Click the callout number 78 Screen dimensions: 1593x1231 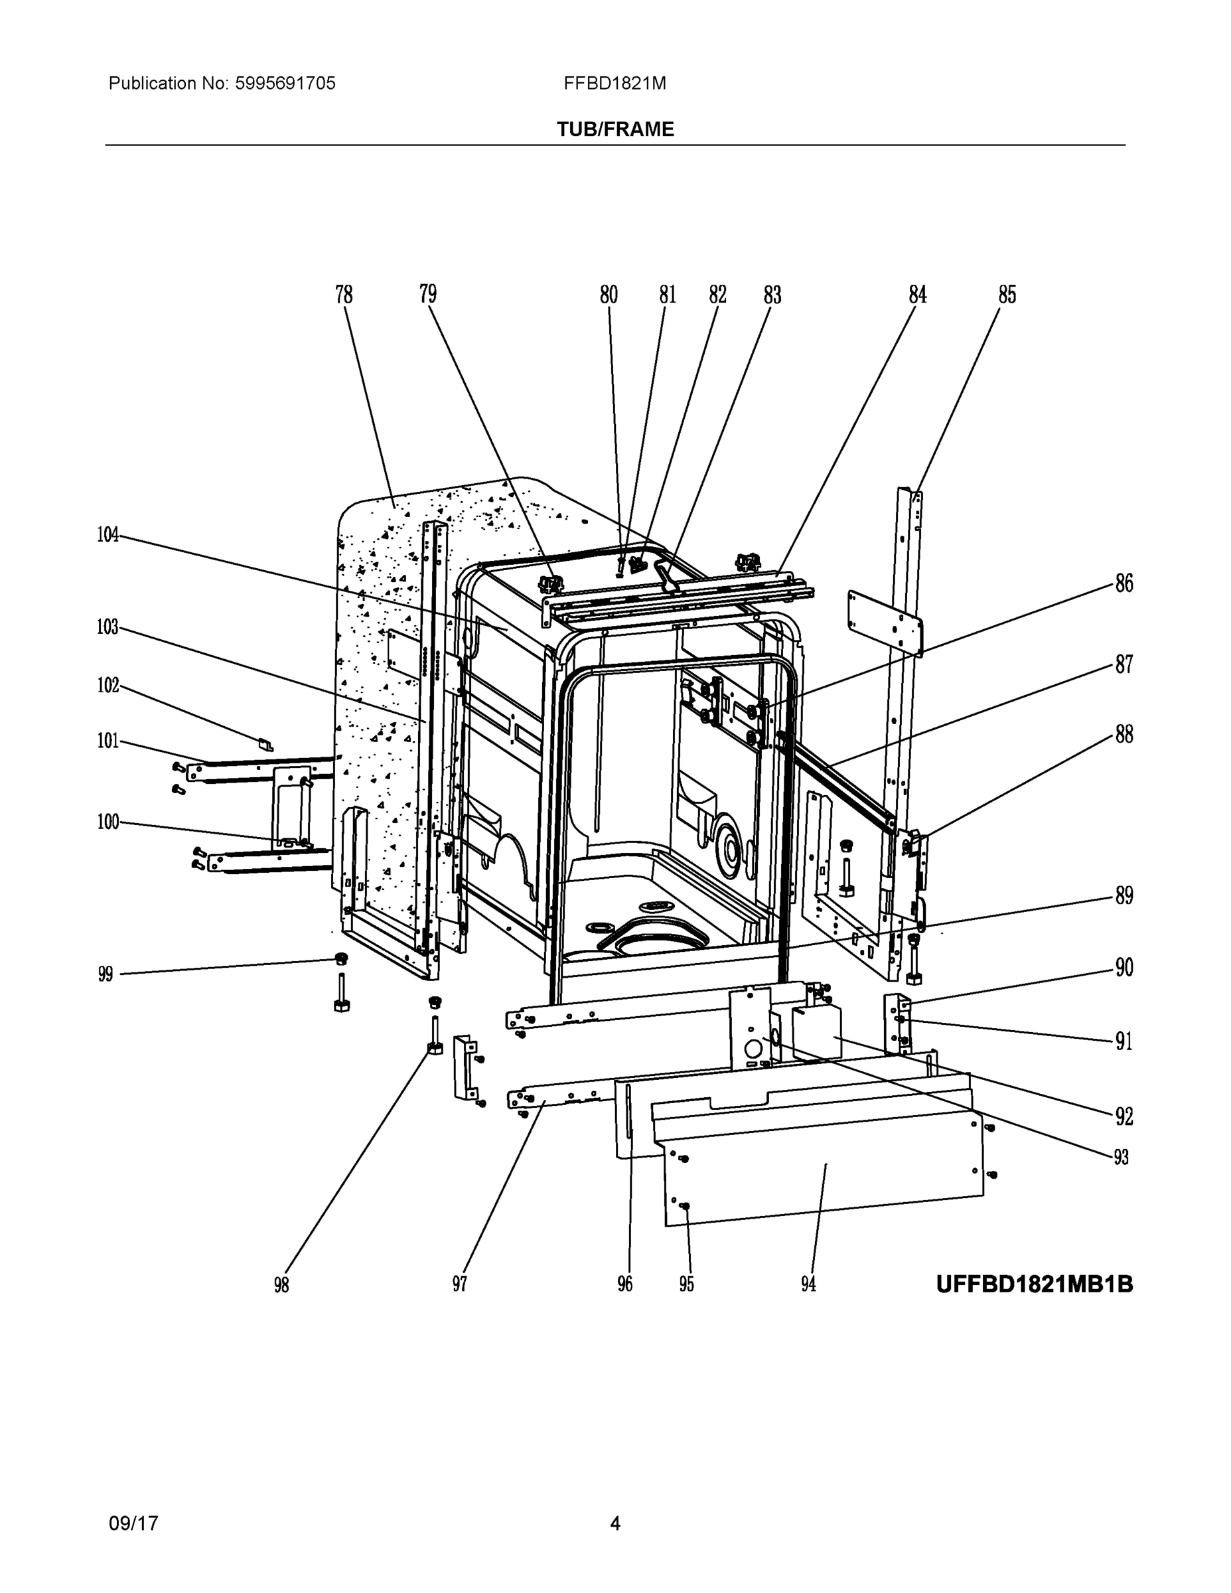(x=344, y=295)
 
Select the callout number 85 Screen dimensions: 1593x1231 (x=1007, y=295)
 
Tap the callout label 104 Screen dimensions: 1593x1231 (x=108, y=534)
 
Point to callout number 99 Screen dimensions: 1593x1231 (x=106, y=974)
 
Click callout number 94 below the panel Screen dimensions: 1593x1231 (x=808, y=1284)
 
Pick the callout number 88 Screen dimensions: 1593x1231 (x=1123, y=735)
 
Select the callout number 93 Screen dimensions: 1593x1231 (x=1121, y=1158)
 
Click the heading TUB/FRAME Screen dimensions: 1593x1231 (x=615, y=129)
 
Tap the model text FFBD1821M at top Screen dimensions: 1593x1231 (x=614, y=83)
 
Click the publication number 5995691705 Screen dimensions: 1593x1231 (x=285, y=83)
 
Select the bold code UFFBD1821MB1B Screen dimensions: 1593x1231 (x=1034, y=1284)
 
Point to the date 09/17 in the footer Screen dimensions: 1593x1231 (x=133, y=1523)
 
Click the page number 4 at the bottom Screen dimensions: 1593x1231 (x=615, y=1523)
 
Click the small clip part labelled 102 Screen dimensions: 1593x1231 (x=266, y=745)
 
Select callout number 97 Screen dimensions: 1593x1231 (x=459, y=1284)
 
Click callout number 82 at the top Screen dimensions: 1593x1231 (x=717, y=295)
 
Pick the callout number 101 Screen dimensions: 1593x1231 (x=108, y=741)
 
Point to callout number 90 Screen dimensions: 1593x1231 (x=1123, y=968)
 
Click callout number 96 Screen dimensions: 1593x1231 (x=625, y=1284)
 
